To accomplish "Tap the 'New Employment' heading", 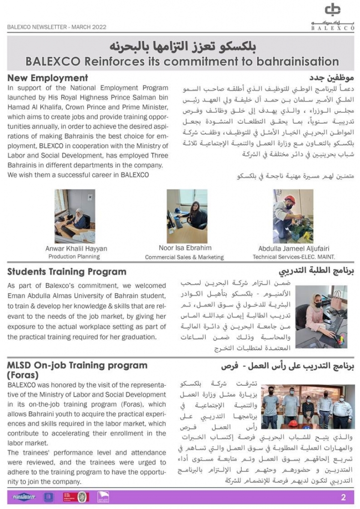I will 48,78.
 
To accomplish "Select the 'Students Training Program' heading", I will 67,272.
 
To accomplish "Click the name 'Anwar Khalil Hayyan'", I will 76,249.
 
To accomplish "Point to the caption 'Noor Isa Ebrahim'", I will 185,248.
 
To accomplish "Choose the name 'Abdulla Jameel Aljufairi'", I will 294,249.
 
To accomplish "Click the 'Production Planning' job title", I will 74,256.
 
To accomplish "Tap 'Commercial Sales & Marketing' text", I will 184,257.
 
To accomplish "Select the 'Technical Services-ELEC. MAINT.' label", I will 293,257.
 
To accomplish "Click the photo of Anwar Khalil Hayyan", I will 75,216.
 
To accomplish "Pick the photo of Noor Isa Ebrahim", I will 187,216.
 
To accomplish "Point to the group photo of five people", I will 308,407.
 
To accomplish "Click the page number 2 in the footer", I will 343,497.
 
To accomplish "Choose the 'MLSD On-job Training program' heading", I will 77,365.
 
